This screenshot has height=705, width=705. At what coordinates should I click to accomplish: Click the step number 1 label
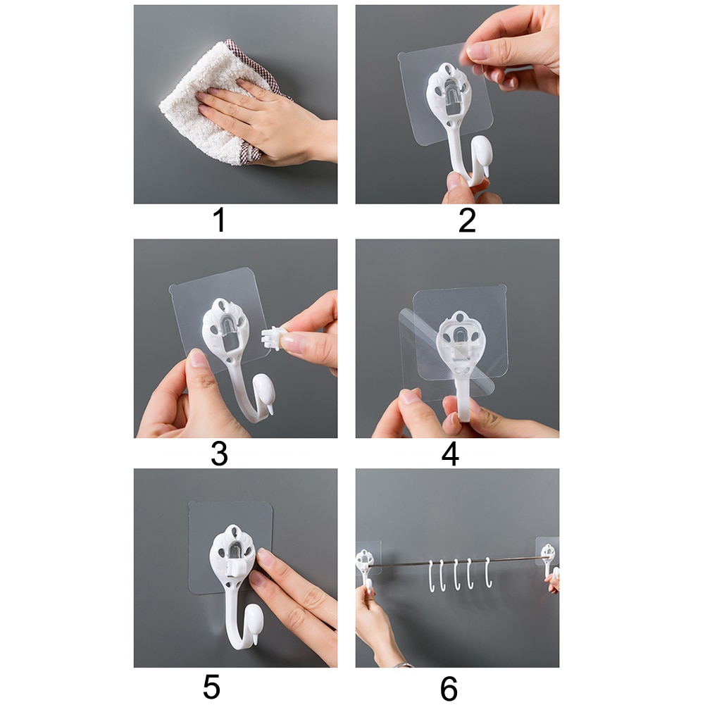pos(219,220)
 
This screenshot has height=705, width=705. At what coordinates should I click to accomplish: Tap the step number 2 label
pos(467,220)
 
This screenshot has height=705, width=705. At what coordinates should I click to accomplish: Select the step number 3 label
pos(219,454)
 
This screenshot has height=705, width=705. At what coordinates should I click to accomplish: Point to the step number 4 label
pos(450,454)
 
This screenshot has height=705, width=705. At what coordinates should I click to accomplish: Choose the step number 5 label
pos(212,687)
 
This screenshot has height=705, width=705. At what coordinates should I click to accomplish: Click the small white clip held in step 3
pos(271,338)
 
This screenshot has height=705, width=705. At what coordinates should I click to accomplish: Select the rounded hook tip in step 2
pos(480,151)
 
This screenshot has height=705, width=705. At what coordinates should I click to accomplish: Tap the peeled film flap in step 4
pos(416,352)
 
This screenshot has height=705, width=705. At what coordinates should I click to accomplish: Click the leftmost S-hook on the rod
pos(432,574)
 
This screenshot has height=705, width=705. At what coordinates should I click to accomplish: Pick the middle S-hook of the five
pos(457,574)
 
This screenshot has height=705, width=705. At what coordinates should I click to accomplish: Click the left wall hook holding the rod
pos(366,563)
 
